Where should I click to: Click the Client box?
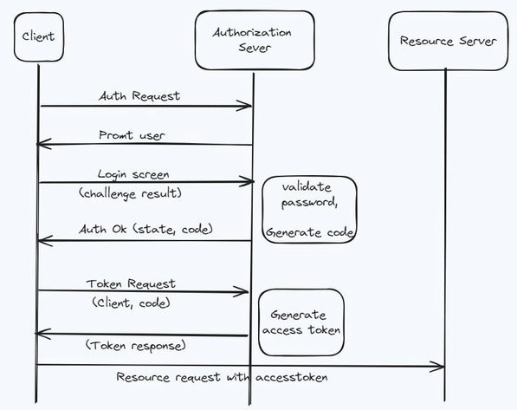[39, 37]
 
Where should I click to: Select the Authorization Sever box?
[255, 40]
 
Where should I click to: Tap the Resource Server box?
[448, 41]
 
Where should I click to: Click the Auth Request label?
[139, 96]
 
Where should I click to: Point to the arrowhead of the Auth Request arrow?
[251, 106]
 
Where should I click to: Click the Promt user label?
[132, 135]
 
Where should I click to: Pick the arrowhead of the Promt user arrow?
[37, 144]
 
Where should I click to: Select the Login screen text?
[133, 174]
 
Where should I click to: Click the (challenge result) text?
[130, 193]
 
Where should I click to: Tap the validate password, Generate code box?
[310, 210]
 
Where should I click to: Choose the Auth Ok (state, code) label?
[145, 229]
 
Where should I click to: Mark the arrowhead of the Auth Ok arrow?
[39, 241]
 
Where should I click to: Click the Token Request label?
[131, 284]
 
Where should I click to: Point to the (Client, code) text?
[131, 303]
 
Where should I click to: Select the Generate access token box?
[301, 322]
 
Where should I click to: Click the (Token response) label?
[135, 346]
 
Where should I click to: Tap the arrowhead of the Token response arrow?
[37, 334]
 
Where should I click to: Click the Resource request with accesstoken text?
[222, 377]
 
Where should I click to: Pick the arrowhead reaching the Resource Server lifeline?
[443, 367]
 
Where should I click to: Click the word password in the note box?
[309, 203]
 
